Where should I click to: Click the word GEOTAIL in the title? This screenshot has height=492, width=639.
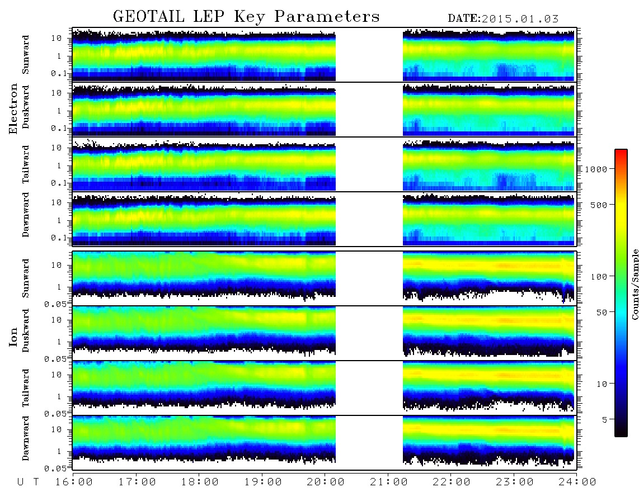(149, 16)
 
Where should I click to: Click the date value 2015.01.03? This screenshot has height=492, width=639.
(520, 19)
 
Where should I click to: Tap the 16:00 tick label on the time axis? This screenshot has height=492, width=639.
(74, 482)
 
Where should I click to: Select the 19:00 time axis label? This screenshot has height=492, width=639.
(263, 482)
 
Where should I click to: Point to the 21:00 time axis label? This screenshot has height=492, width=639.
(389, 482)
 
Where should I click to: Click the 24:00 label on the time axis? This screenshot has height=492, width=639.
(577, 482)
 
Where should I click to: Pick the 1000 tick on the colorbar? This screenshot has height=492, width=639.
(596, 169)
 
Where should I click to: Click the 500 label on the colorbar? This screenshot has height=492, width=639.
(599, 205)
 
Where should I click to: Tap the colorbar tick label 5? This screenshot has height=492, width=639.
(605, 419)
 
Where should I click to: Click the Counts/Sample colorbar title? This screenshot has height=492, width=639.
(634, 284)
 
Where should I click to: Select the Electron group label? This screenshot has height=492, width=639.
(13, 108)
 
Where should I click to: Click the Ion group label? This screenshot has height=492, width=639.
(13, 337)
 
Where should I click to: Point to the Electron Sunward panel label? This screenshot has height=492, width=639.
(26, 54)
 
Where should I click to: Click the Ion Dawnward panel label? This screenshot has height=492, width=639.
(26, 438)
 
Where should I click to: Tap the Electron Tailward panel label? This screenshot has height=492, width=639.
(26, 164)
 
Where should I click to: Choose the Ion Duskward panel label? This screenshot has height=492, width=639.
(26, 330)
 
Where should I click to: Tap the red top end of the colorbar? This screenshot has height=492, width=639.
(621, 151)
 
